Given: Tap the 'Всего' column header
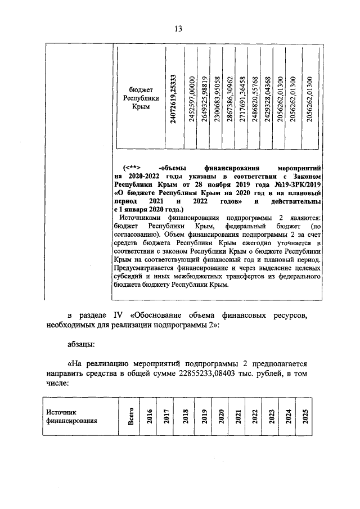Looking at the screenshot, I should [x=131, y=416].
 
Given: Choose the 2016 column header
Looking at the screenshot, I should [x=150, y=416].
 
